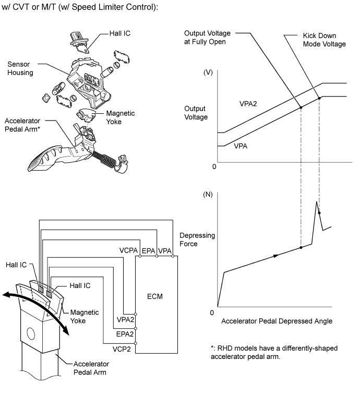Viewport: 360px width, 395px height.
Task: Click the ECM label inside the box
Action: click(154, 296)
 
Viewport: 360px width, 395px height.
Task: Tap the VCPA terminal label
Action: click(128, 250)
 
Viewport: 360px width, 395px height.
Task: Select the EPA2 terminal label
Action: click(125, 334)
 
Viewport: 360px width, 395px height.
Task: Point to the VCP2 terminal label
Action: click(122, 349)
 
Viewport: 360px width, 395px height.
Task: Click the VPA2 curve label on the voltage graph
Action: click(248, 104)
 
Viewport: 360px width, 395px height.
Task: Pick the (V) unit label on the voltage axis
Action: click(208, 73)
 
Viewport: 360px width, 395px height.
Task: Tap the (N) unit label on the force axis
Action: click(208, 195)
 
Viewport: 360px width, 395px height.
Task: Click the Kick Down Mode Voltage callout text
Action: click(324, 40)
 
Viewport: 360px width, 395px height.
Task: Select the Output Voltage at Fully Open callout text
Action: click(207, 37)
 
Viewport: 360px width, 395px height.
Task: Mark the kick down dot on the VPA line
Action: click(319, 98)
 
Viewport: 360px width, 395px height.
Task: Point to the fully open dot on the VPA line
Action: click(301, 107)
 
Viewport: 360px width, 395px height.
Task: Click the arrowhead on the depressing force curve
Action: click(276, 256)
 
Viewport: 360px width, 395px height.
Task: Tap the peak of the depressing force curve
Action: click(316, 202)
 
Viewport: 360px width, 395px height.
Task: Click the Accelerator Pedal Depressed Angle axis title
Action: click(277, 321)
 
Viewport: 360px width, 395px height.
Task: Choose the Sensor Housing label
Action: click(20, 68)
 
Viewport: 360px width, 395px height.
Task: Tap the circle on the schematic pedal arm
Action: click(30, 333)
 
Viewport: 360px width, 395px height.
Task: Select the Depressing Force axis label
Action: click(197, 240)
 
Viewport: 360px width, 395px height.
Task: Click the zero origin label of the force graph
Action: click(212, 313)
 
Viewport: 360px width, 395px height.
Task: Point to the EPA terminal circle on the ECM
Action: click(157, 256)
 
